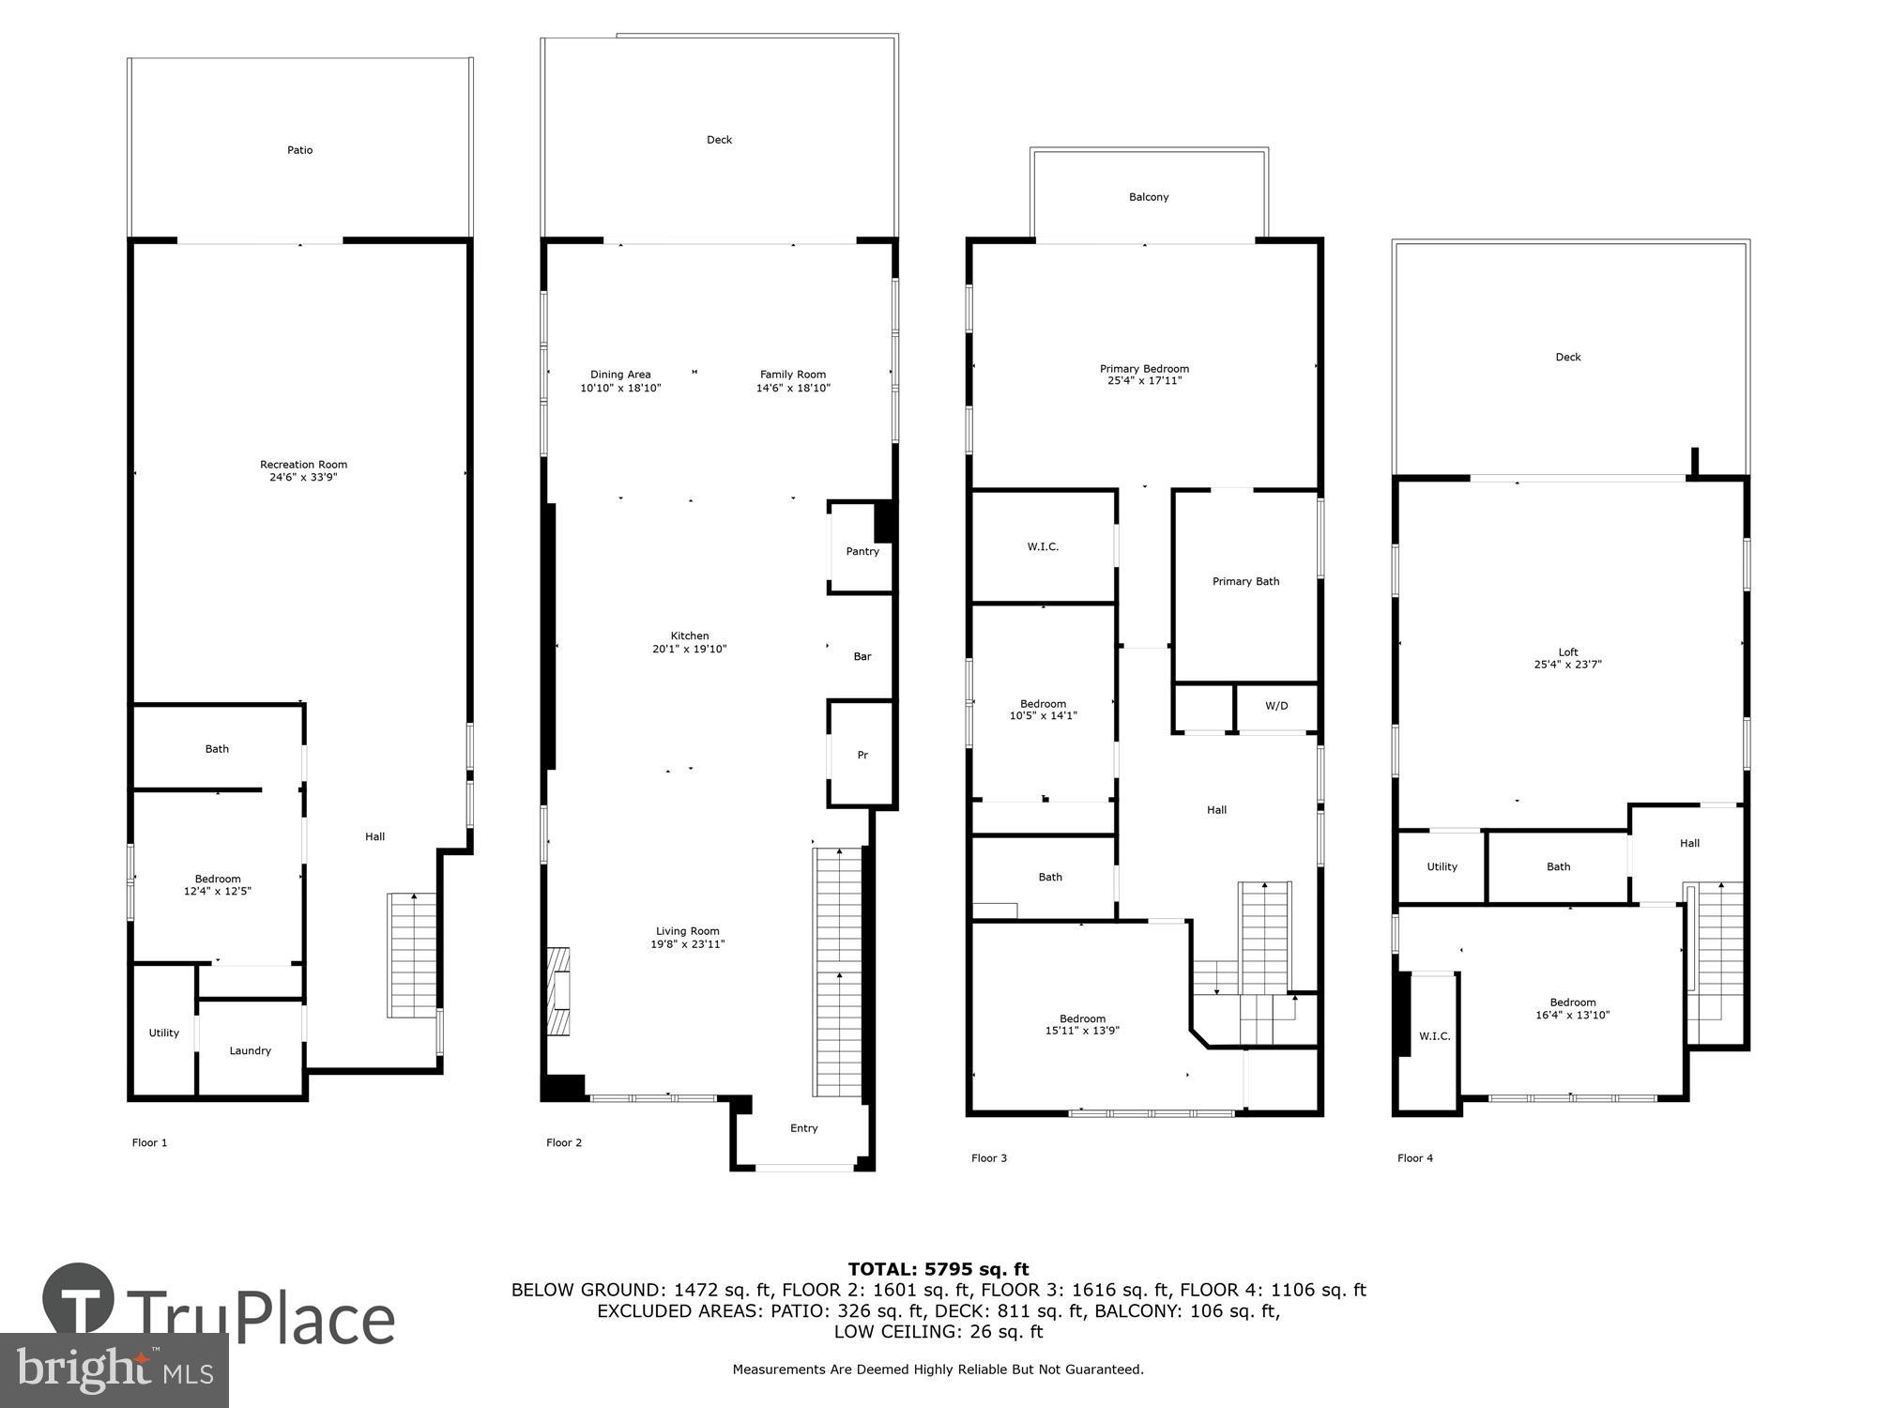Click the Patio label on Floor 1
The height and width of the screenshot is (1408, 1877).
click(x=299, y=150)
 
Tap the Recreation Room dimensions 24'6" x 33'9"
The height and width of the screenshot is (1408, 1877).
click(x=303, y=477)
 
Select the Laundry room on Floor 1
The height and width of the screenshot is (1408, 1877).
click(x=251, y=1050)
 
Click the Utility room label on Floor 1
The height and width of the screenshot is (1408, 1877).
click(x=163, y=1033)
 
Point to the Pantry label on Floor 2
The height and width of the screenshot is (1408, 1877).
click(x=862, y=551)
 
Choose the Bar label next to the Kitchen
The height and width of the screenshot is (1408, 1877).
click(x=862, y=656)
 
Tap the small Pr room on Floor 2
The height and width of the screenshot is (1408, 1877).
click(x=862, y=755)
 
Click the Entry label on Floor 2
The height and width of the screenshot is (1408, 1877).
click(x=803, y=1128)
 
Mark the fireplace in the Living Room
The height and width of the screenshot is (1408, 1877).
click(x=559, y=991)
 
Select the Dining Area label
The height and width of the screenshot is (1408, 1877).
click(x=620, y=375)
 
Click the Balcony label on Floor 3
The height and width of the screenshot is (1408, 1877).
click(x=1149, y=197)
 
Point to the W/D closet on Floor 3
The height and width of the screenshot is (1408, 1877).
click(x=1276, y=706)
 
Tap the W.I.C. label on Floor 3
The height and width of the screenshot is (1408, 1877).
click(x=1043, y=546)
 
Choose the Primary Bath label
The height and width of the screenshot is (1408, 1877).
click(x=1245, y=581)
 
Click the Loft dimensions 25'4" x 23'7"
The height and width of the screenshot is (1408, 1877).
click(x=1567, y=665)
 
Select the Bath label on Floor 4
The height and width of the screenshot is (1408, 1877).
click(x=1558, y=866)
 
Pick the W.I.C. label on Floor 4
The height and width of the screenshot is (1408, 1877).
click(x=1434, y=1036)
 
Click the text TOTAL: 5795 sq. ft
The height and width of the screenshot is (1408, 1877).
click(x=938, y=1270)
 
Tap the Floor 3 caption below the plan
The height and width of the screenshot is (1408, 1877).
click(x=989, y=1158)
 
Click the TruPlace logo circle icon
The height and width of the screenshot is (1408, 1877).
click(x=80, y=1300)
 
